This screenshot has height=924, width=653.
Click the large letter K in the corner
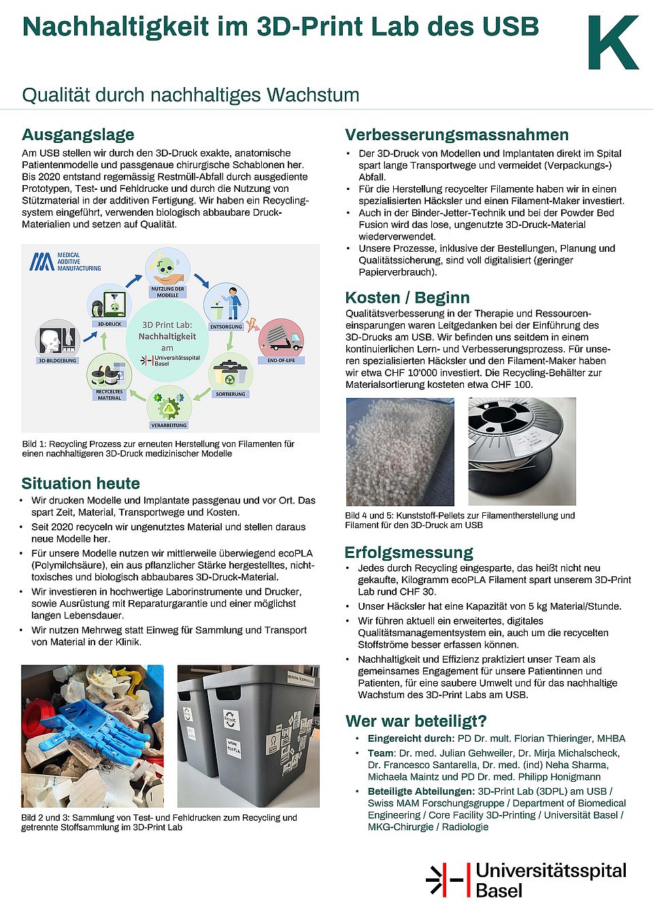tap(613, 43)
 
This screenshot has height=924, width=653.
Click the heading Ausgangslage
tap(78, 134)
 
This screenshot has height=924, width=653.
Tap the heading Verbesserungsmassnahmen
tap(456, 134)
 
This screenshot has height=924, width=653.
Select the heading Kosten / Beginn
tap(407, 297)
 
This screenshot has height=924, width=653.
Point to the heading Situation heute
tap(80, 483)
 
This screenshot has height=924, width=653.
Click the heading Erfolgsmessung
tap(408, 552)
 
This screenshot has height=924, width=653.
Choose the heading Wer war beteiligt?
tap(416, 721)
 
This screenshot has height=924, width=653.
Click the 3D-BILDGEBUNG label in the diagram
tap(58, 361)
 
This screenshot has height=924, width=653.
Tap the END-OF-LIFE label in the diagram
tap(281, 360)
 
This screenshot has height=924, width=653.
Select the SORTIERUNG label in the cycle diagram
tap(230, 394)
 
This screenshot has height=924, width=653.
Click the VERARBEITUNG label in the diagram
tap(169, 425)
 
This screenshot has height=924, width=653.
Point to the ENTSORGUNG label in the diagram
tap(226, 327)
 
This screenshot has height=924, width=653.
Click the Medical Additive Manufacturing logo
tap(65, 262)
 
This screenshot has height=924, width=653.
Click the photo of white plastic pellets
tap(399, 452)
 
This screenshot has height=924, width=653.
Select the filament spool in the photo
tap(522, 451)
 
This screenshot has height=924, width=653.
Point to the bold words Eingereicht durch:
tap(411, 738)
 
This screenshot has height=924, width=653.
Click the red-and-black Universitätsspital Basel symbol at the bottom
tap(448, 880)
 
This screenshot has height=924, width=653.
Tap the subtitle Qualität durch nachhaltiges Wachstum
tap(190, 95)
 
